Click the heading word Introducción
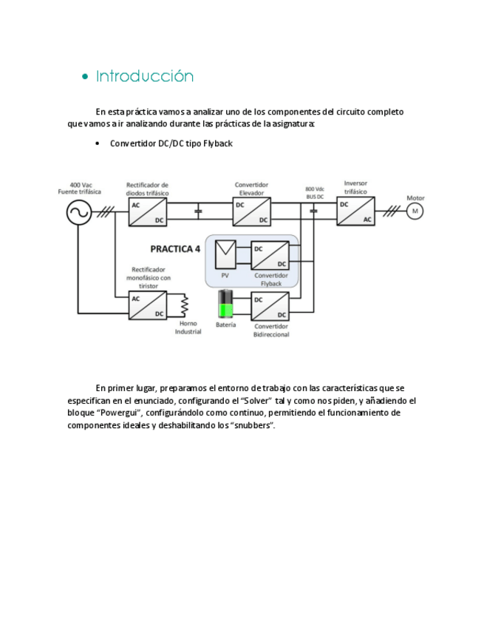click(x=145, y=76)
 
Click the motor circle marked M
click(x=415, y=211)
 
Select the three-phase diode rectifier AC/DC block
click(x=148, y=212)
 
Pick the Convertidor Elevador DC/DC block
click(x=252, y=212)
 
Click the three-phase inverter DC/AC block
click(x=355, y=211)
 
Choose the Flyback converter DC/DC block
click(x=270, y=255)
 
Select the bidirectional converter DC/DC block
click(x=270, y=306)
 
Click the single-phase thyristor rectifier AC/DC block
click(x=148, y=305)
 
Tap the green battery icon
click(x=225, y=305)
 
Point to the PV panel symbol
click(x=225, y=255)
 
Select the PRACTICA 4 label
click(x=175, y=249)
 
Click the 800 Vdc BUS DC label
click(x=316, y=192)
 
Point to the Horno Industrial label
click(x=188, y=328)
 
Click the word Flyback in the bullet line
click(x=217, y=143)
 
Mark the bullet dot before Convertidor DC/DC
click(x=98, y=143)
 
